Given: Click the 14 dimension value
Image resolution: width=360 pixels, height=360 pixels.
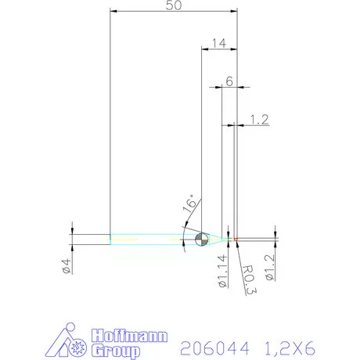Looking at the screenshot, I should [x=218, y=43].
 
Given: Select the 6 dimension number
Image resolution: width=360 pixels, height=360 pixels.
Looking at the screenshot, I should [x=229, y=81].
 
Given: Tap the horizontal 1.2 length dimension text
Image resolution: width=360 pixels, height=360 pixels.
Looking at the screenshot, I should [x=259, y=119].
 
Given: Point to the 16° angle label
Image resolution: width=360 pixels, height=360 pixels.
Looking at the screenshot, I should [x=189, y=205].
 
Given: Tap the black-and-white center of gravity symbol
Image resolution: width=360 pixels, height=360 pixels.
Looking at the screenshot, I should [x=201, y=239].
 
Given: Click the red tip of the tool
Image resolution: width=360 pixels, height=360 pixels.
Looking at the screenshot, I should [x=235, y=239].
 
